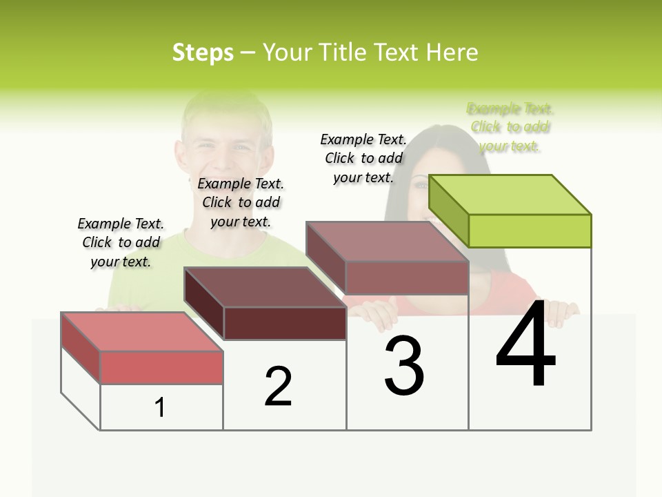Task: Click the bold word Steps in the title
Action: coord(203,52)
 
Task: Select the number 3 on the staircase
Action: coord(404,366)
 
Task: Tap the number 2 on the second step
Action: coord(278,387)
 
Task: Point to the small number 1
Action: coord(160,408)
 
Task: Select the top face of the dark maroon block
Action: coord(265,286)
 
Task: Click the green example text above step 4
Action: coord(510,127)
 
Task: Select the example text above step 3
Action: coord(363,158)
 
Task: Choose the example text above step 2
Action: coord(241,202)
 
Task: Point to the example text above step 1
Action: coord(121,242)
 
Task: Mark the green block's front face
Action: coord(530,231)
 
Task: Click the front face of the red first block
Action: coord(161,367)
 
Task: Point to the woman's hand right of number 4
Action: coord(561,314)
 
